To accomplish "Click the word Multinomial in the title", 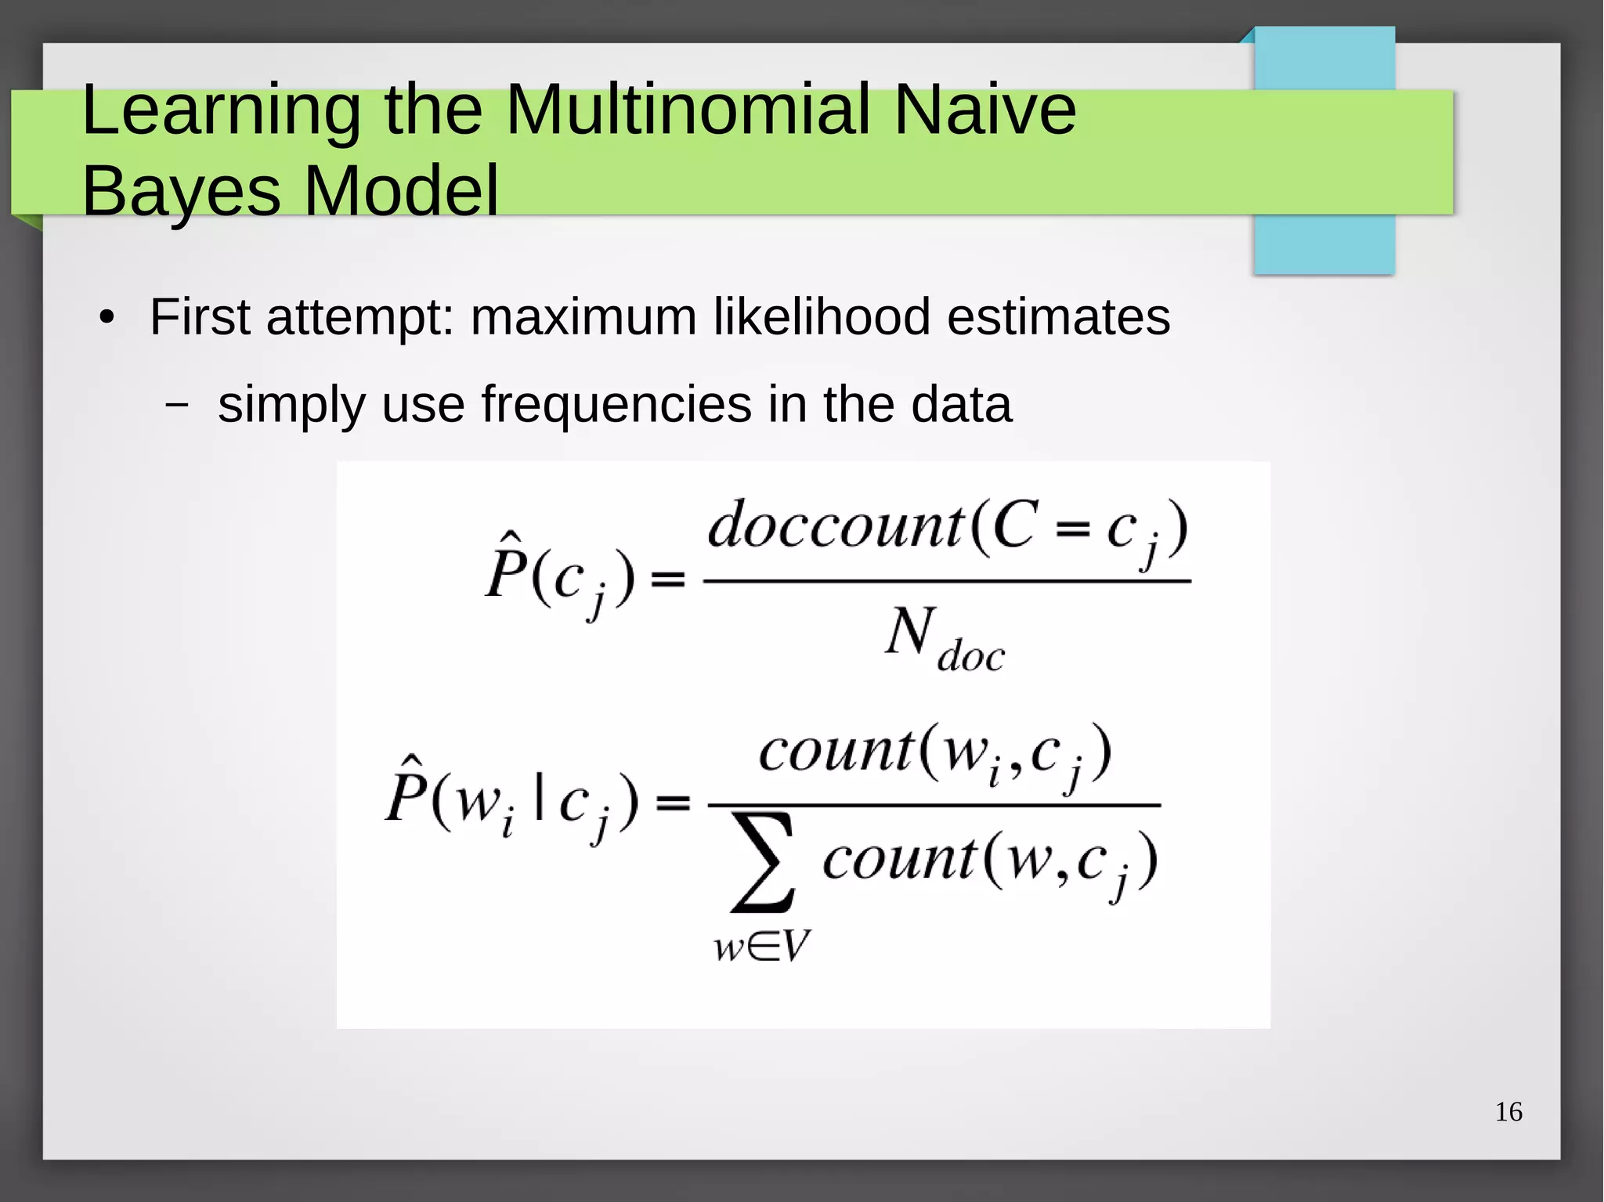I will (x=688, y=110).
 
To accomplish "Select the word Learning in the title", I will (x=221, y=111).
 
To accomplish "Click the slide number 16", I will (x=1508, y=1112).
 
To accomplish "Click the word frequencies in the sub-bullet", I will (x=616, y=405).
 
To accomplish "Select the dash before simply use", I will (x=177, y=405).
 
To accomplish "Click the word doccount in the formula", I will (x=835, y=525).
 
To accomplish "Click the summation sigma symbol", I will (x=762, y=862).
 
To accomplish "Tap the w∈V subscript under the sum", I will (x=761, y=947).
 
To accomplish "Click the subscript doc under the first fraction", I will (x=970, y=655).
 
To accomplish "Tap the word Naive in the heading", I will (x=984, y=110).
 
